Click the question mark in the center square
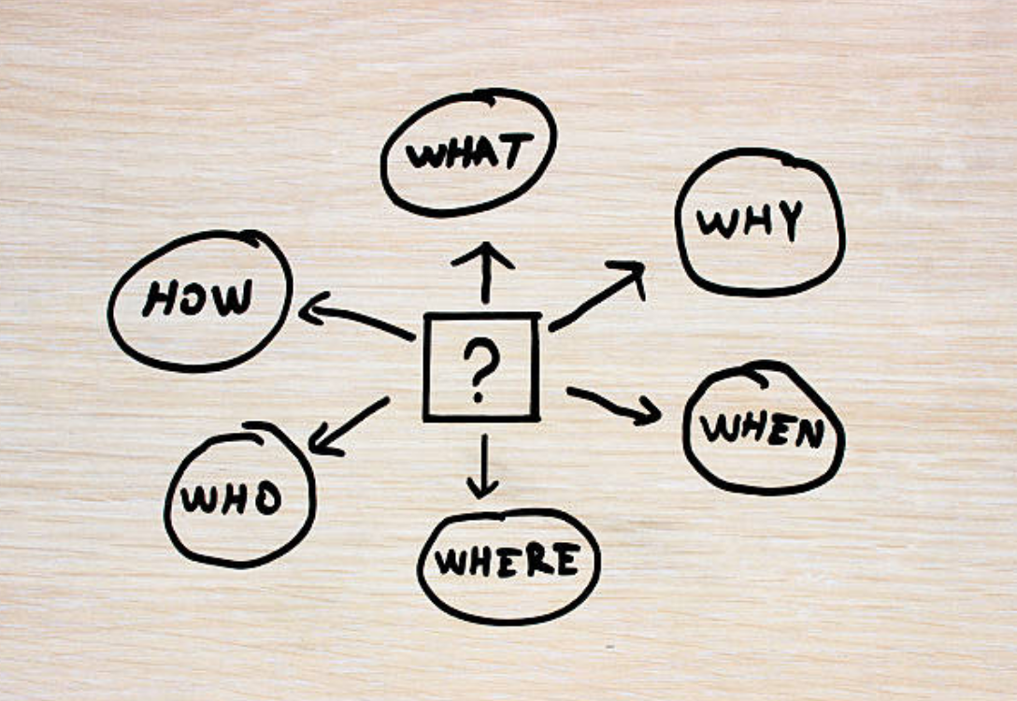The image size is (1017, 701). [480, 368]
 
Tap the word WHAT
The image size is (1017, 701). [469, 153]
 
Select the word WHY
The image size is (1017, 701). [751, 222]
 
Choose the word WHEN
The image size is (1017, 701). [762, 429]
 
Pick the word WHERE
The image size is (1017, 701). [506, 561]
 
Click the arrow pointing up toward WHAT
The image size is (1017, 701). [483, 271]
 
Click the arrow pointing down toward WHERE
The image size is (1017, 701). [482, 467]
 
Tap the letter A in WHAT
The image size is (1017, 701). [487, 153]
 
